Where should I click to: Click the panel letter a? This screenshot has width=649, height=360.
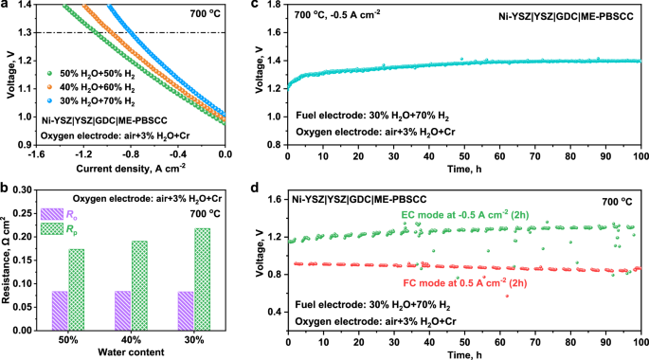coord(6,8)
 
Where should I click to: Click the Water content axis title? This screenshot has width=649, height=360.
coord(132,352)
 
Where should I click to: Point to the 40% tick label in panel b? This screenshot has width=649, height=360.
coord(122,336)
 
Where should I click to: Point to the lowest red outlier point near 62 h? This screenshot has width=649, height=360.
coord(507,297)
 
